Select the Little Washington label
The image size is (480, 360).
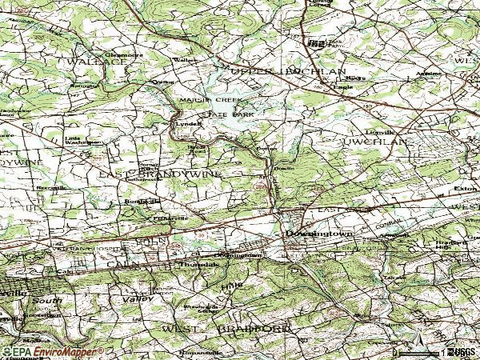coord(83,139)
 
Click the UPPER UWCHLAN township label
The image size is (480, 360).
coord(288,72)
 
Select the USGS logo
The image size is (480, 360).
coord(462,351)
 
